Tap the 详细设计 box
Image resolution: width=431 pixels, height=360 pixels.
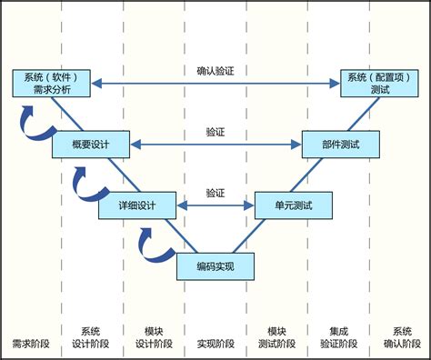coord(137,205)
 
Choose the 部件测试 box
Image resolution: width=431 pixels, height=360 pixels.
coord(339,144)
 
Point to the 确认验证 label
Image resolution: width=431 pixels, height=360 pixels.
coord(215,70)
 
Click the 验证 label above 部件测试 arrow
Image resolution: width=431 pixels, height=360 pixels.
coord(215,132)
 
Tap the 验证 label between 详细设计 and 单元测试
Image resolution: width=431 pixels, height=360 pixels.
coord(215,193)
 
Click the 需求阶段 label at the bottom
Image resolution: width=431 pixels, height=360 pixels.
coord(31,345)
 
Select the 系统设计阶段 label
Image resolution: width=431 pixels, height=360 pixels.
coord(91,337)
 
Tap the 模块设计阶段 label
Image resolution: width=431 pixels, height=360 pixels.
coord(154,337)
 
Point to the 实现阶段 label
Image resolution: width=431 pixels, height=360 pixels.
coord(215,345)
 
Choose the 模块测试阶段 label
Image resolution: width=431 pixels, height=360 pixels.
coord(277,337)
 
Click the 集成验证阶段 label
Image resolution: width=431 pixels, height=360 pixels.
coord(339,337)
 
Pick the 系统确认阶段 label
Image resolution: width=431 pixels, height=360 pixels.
coord(401,337)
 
